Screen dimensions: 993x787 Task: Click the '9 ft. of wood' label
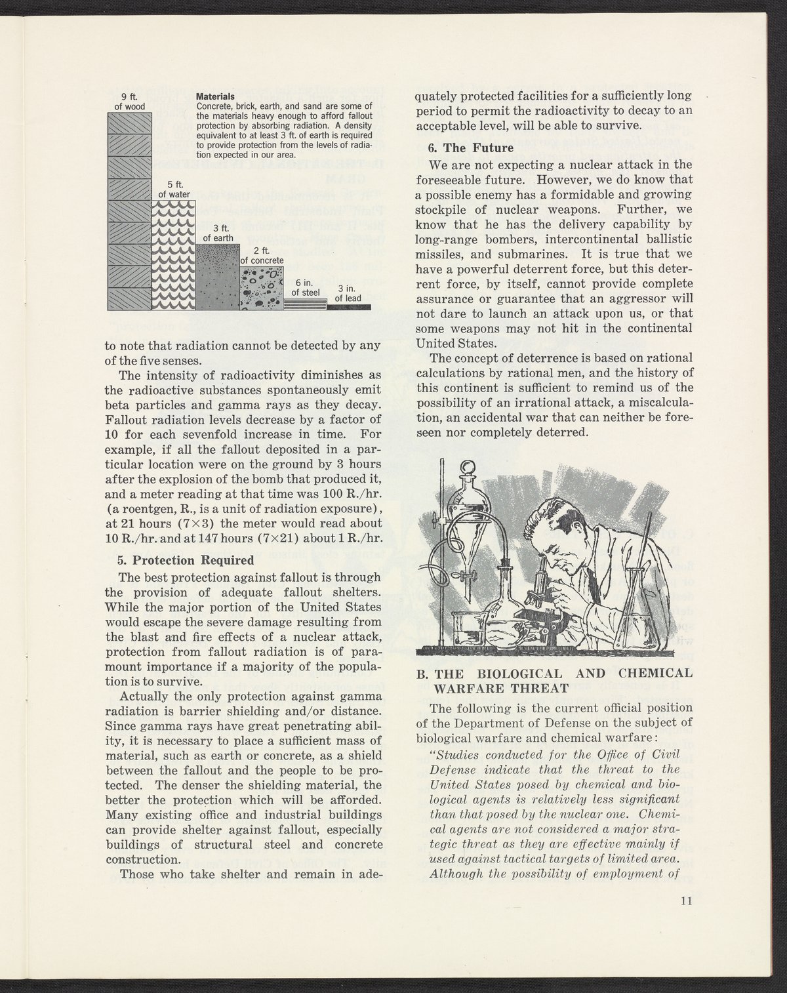pyautogui.click(x=129, y=102)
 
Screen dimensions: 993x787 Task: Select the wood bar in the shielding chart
pyautogui.click(x=130, y=210)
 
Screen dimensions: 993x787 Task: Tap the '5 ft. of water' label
pyautogui.click(x=174, y=189)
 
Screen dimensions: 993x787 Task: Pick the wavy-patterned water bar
pyautogui.click(x=174, y=256)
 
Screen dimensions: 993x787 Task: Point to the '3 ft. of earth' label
pyautogui.click(x=218, y=233)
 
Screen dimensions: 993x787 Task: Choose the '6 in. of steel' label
pyautogui.click(x=305, y=289)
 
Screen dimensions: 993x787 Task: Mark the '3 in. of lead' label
pyautogui.click(x=348, y=294)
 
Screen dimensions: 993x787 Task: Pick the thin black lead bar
pyautogui.click(x=349, y=307)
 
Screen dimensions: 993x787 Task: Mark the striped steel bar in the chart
pyautogui.click(x=305, y=304)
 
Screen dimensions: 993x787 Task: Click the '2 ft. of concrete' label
pyautogui.click(x=262, y=255)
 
